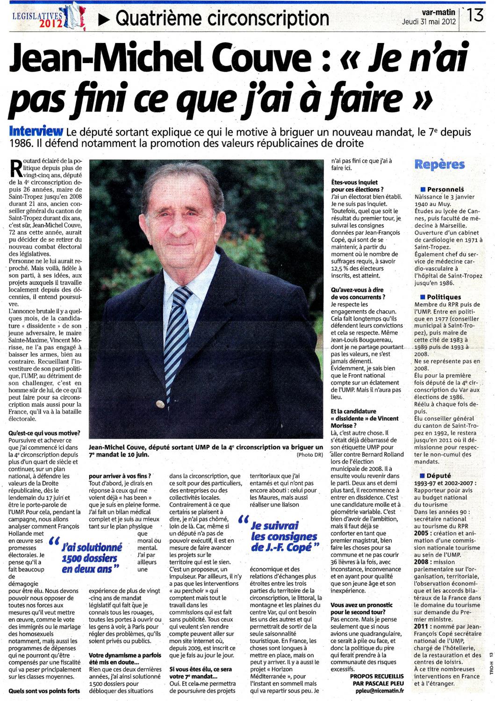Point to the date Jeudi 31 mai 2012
click(x=429, y=21)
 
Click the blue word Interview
click(x=36, y=132)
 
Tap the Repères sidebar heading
click(x=439, y=165)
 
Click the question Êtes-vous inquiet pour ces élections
click(x=357, y=186)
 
